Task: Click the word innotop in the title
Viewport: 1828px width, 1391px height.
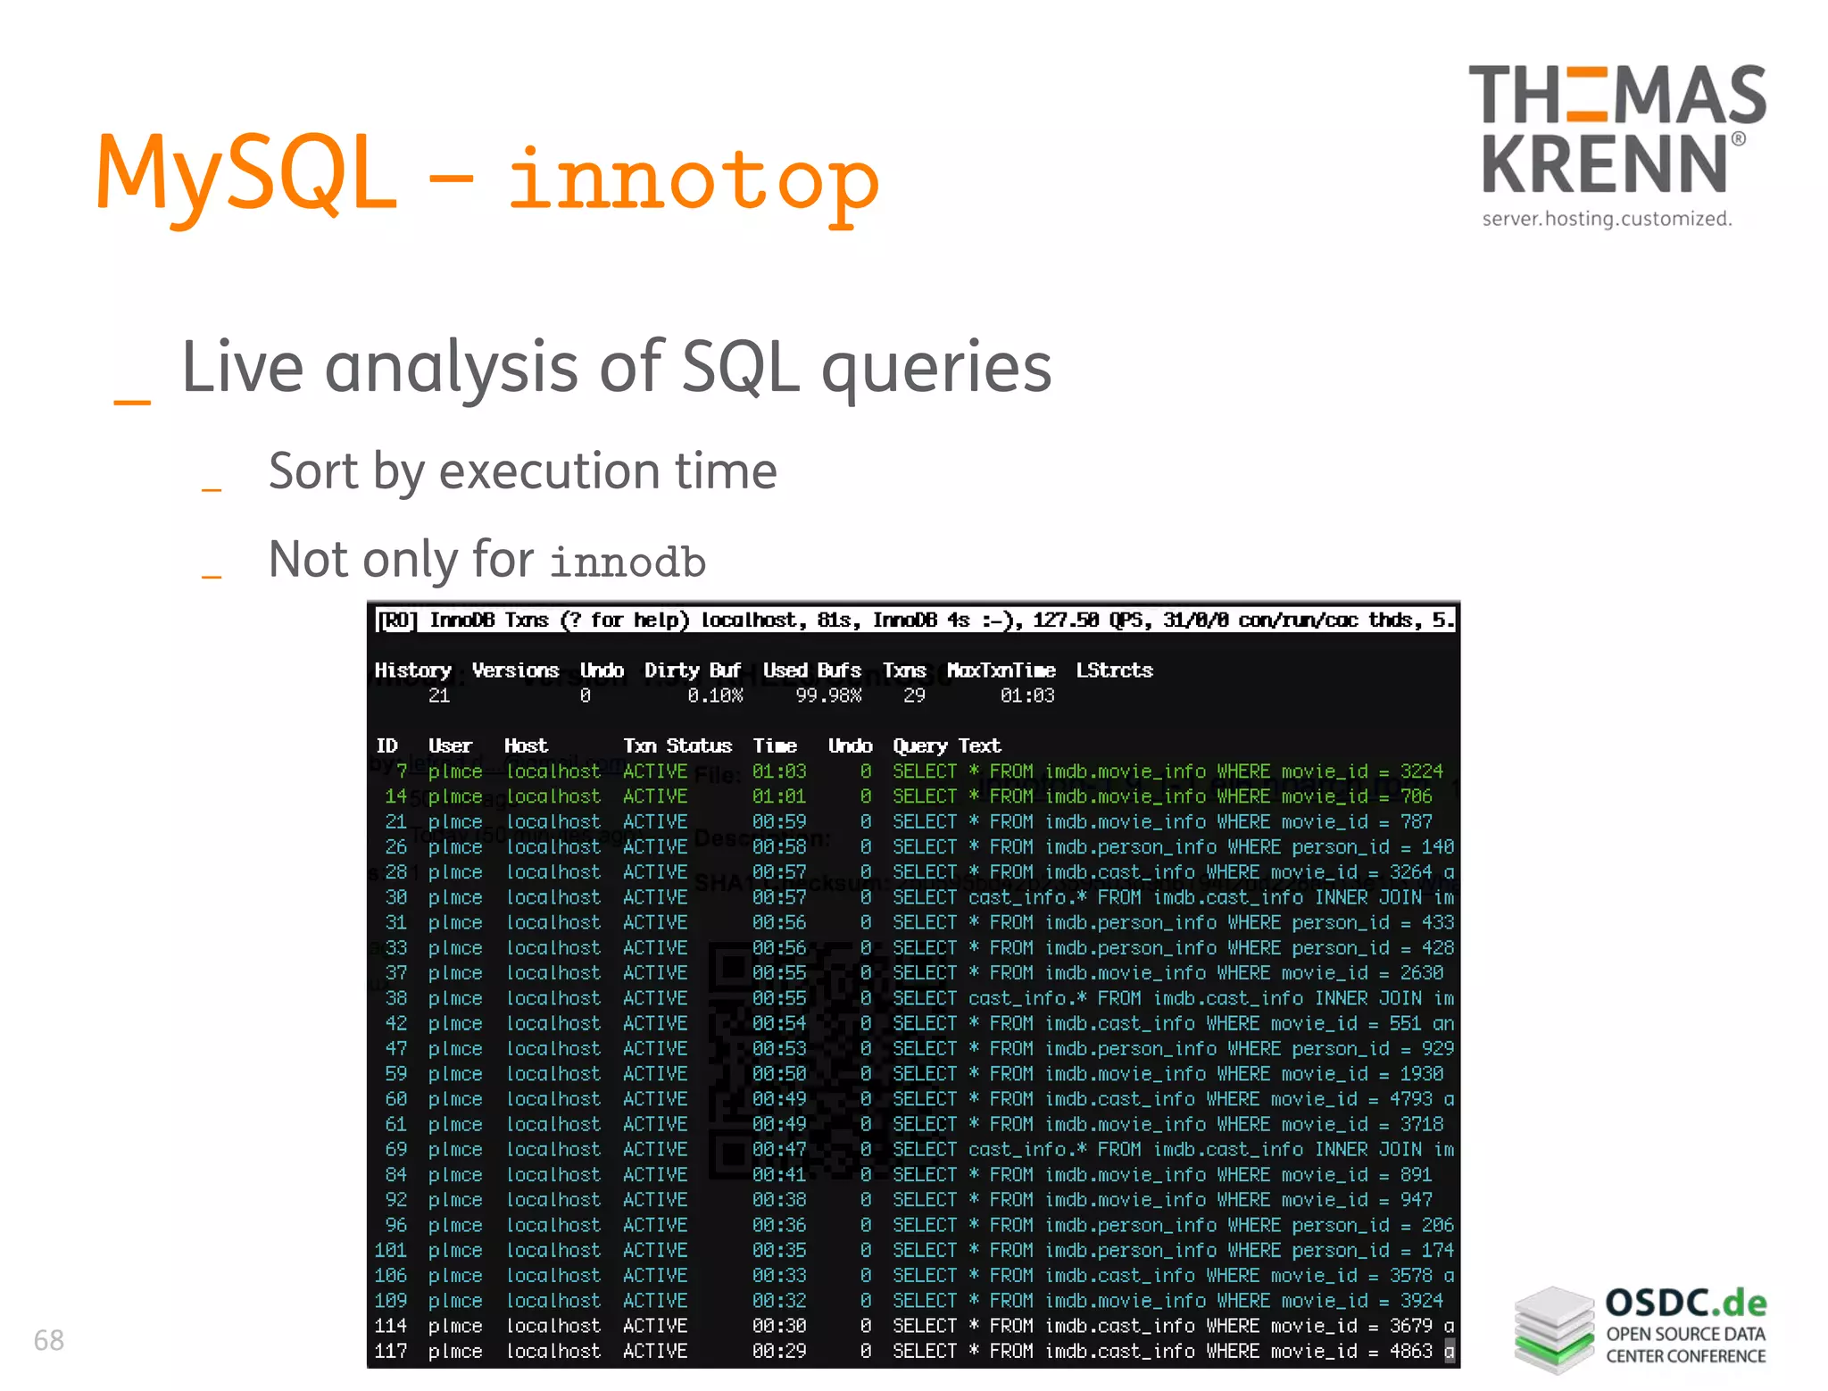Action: (x=694, y=179)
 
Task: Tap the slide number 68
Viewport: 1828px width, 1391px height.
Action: (x=49, y=1339)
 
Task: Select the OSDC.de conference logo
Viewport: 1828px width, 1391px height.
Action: (x=1641, y=1328)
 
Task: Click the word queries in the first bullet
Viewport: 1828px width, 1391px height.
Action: (x=936, y=368)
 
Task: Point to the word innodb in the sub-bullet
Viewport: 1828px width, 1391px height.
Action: (x=627, y=562)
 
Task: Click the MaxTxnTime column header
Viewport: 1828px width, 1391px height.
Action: (x=1001, y=671)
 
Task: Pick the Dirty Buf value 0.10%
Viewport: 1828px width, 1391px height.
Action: (x=714, y=695)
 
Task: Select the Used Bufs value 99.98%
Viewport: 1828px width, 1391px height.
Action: (x=827, y=695)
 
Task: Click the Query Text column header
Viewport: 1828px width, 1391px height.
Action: (x=946, y=746)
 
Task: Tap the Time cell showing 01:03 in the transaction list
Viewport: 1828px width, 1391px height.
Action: (x=778, y=771)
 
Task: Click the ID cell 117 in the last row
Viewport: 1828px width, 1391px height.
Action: (x=391, y=1351)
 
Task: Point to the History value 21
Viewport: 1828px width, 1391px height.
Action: (x=438, y=695)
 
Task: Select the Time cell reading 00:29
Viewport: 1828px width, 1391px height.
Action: (x=778, y=1351)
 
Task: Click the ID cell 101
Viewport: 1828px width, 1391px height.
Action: (x=391, y=1250)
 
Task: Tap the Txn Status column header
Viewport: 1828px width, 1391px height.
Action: (x=677, y=746)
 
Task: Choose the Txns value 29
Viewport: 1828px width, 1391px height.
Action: (x=914, y=695)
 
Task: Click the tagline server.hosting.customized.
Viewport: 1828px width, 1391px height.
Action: (x=1607, y=219)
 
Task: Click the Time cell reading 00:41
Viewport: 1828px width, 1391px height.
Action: (x=778, y=1174)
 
